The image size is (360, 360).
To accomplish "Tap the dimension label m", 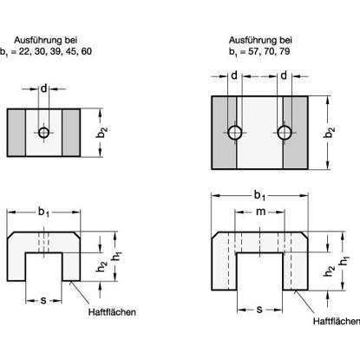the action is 260,212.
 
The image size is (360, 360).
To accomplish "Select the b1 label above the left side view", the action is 43,213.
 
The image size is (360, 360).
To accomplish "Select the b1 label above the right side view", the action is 259,196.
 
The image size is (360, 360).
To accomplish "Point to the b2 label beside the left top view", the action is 102,133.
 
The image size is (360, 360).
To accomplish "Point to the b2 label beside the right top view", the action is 330,133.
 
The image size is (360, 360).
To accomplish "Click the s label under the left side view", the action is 43,301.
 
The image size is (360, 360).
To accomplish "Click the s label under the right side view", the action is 259,310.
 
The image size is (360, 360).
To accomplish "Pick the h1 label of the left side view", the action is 117,257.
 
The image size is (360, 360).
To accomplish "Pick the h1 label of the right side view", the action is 344,260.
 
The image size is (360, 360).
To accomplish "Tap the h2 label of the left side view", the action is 101,266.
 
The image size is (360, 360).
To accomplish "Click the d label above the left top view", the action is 43,88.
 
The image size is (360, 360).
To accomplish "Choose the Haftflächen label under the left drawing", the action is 112,312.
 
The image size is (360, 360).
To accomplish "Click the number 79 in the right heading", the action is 285,51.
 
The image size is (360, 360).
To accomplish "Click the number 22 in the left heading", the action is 24,51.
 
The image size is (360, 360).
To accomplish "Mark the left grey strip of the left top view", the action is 16,133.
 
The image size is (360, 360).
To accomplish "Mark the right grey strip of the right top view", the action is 295,133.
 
